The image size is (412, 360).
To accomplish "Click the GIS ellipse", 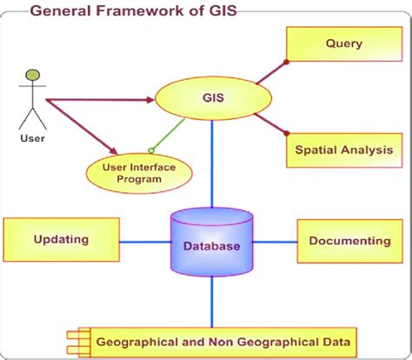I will click(211, 97).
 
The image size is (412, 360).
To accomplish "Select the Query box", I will click(343, 43).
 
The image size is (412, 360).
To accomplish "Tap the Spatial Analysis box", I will click(344, 149).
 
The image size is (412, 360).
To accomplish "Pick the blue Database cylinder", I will click(211, 244).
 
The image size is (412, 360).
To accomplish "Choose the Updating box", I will click(60, 240).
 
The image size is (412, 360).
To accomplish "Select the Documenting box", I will click(349, 241).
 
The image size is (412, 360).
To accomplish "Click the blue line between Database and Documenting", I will click(276, 241).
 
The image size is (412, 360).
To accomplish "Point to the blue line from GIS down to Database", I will click(211, 165).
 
